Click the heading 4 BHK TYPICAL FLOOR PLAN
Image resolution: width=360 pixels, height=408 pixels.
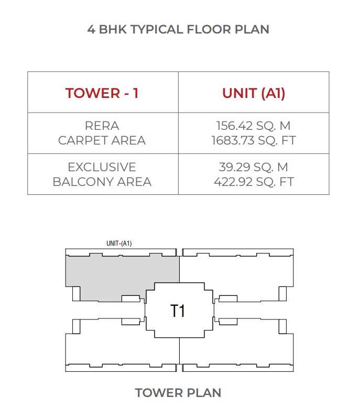tap(178, 29)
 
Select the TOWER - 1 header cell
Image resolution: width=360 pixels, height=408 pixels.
tap(102, 93)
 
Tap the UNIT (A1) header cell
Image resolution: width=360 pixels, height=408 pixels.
tap(254, 93)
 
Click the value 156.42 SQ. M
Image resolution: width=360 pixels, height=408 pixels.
tap(254, 126)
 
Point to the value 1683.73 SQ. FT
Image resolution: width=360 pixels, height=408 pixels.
tap(254, 140)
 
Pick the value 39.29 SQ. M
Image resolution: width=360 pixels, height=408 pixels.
tap(254, 168)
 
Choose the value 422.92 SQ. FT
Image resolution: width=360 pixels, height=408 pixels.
tap(254, 182)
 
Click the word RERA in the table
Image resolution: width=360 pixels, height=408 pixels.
tap(102, 126)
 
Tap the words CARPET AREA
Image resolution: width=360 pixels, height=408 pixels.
tap(102, 140)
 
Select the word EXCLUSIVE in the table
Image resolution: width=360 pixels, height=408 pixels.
tap(102, 168)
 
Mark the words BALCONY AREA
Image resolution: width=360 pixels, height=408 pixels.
tap(102, 182)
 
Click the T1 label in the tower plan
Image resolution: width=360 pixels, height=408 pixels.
tap(178, 311)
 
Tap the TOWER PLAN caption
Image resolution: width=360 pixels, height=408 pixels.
tap(178, 392)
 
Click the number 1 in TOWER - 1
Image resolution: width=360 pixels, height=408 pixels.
tap(136, 93)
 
